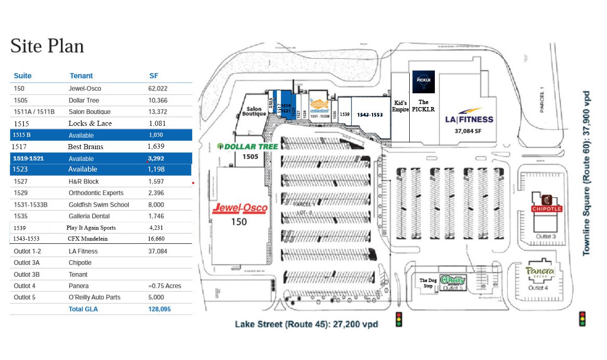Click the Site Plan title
47,46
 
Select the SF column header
154,75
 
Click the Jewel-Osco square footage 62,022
157,88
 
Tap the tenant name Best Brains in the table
86,147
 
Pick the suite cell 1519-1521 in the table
28,158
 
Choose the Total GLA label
83,309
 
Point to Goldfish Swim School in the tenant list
99,204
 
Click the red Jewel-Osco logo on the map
240,208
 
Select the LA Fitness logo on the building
469,116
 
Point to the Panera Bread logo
540,272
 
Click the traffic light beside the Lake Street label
399,319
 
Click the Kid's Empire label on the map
400,106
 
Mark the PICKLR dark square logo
423,82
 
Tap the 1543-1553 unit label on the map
370,115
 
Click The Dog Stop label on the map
428,283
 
